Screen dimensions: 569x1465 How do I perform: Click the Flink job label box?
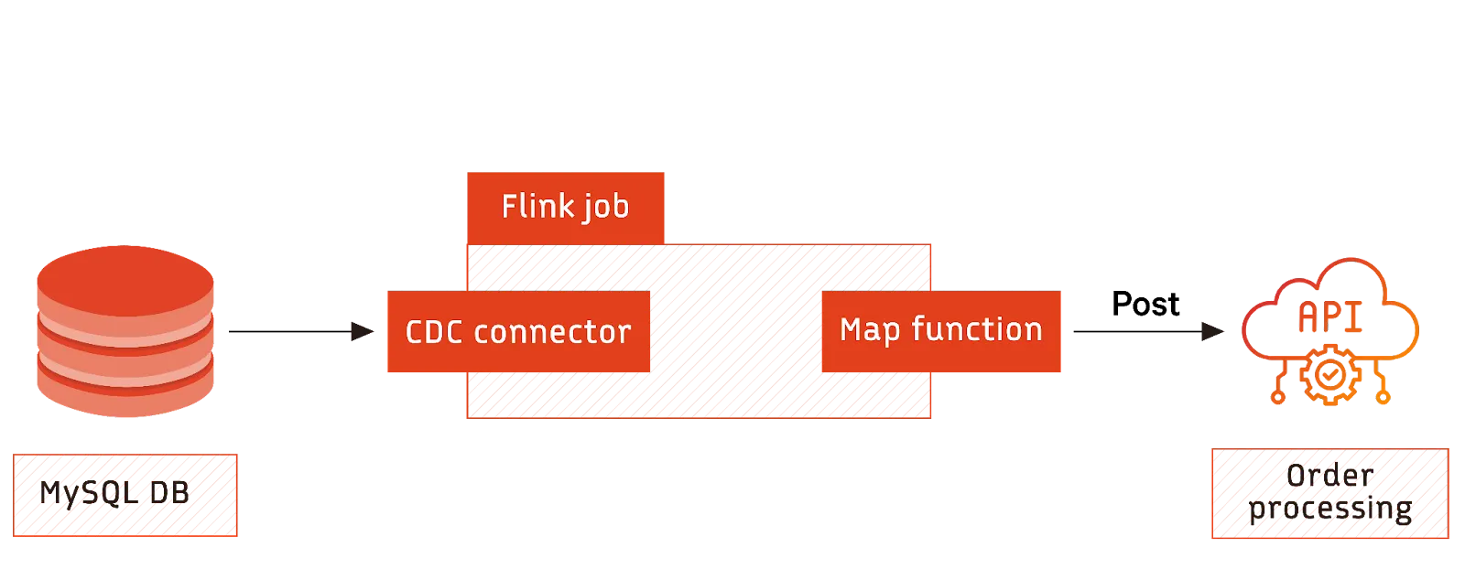[x=565, y=207]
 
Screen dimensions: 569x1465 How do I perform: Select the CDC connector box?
[x=517, y=331]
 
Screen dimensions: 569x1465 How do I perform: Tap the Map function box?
[x=940, y=330]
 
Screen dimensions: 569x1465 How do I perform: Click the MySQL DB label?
[x=125, y=495]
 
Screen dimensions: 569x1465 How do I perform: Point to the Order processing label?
[x=1329, y=493]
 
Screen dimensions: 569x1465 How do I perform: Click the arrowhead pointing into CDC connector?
[x=359, y=331]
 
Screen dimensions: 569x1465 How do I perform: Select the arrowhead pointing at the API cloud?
[x=1213, y=331]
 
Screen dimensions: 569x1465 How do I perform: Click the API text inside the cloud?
[x=1329, y=318]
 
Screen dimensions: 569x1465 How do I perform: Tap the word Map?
[x=870, y=330]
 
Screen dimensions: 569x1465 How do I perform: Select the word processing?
[x=1329, y=509]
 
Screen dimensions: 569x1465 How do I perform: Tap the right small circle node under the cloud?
[x=1383, y=397]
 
